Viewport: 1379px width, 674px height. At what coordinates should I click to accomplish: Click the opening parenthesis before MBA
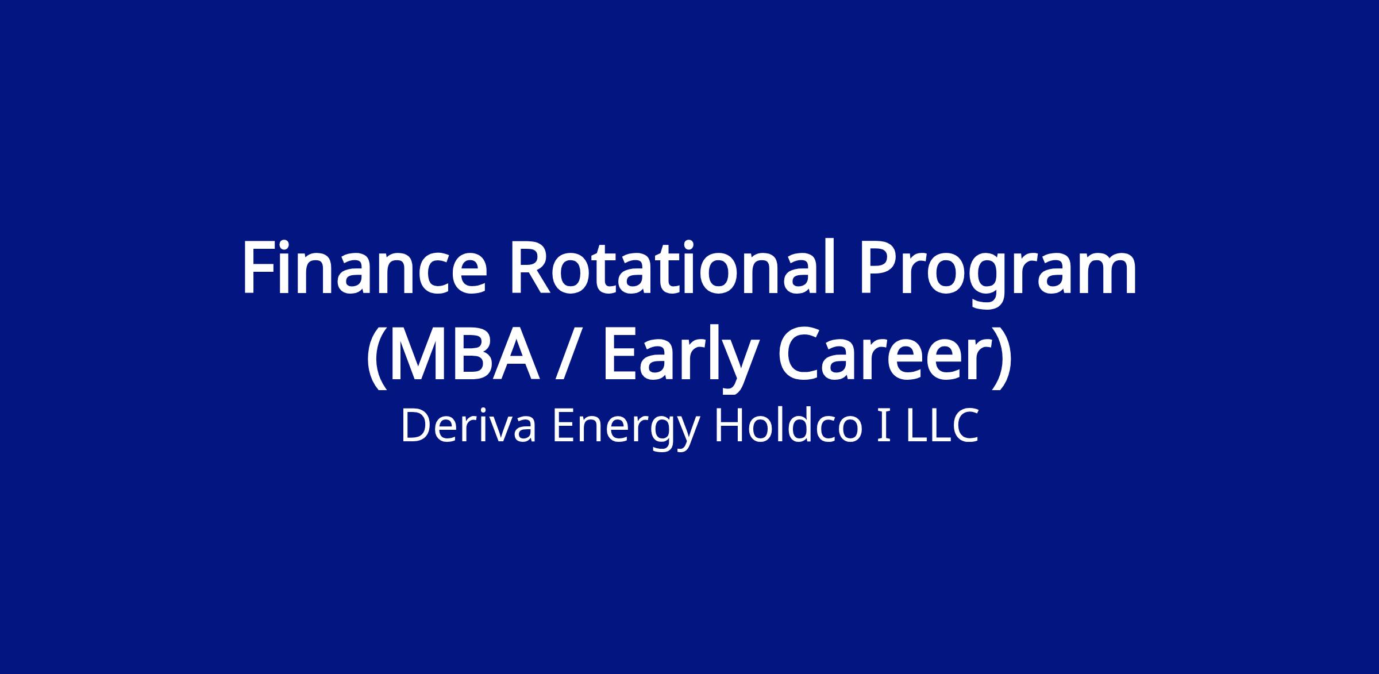pyautogui.click(x=376, y=357)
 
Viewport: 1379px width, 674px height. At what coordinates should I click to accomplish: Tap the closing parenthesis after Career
pyautogui.click(x=1001, y=357)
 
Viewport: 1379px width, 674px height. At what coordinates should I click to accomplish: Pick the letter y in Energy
pyautogui.click(x=686, y=435)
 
